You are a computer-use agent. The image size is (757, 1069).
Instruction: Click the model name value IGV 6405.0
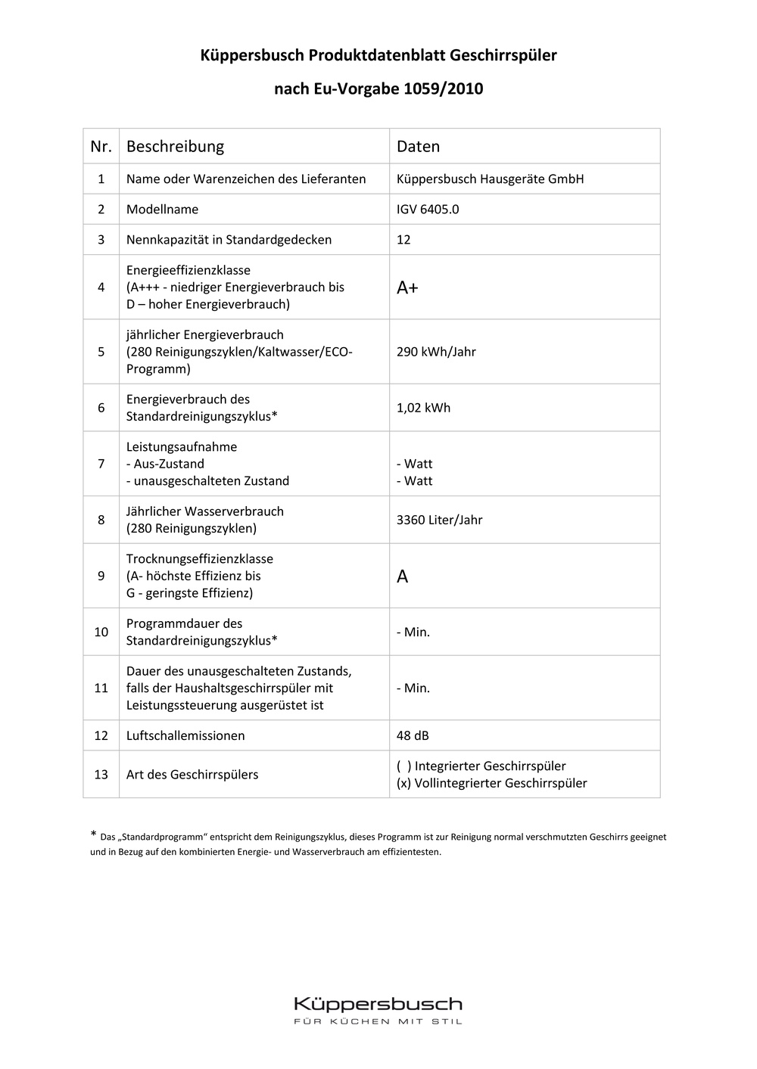tap(428, 210)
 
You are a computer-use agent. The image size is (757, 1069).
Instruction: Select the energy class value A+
tap(407, 287)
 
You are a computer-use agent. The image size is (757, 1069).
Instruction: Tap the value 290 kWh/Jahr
tap(436, 352)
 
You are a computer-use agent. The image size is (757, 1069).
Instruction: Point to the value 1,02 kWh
tap(423, 408)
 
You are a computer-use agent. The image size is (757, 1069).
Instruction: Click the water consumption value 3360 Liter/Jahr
tap(439, 520)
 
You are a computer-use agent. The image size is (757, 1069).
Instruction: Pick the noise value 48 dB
tap(413, 735)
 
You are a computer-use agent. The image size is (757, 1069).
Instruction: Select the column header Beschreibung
tap(175, 146)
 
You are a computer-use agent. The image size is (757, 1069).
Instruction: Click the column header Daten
tap(418, 146)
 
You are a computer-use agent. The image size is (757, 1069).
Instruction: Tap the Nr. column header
tap(101, 146)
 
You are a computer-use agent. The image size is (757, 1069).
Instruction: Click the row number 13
tap(101, 774)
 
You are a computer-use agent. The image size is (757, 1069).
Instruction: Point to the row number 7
tap(101, 464)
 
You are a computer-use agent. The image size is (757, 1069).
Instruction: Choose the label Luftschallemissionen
tap(185, 735)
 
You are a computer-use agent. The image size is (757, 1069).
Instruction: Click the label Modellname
tap(162, 210)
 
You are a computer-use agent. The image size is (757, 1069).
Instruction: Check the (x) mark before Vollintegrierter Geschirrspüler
tap(403, 783)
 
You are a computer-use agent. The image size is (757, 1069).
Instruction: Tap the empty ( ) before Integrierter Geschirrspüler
tap(403, 766)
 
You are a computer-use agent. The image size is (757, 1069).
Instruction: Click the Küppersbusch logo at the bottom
tap(378, 1005)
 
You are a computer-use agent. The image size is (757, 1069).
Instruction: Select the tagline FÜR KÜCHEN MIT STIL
tap(378, 1022)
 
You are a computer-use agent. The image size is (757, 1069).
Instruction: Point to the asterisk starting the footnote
tap(93, 834)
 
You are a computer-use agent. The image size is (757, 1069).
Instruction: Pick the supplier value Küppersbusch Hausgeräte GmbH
tap(490, 179)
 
